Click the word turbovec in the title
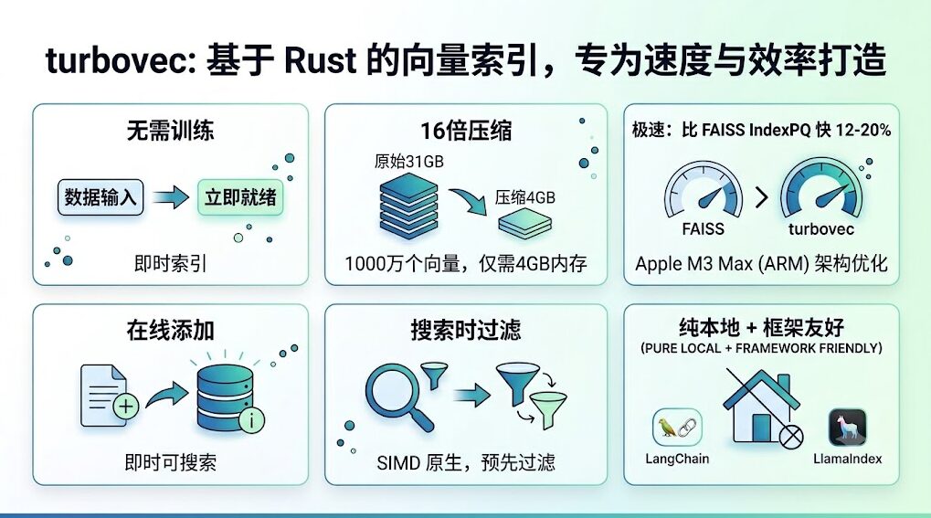pyautogui.click(x=117, y=61)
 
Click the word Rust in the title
pyautogui.click(x=321, y=60)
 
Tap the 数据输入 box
pyautogui.click(x=101, y=196)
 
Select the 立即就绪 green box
pyautogui.click(x=240, y=196)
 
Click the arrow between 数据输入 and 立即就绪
pyautogui.click(x=171, y=196)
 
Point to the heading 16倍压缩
pyautogui.click(x=466, y=131)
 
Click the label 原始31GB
pyautogui.click(x=409, y=162)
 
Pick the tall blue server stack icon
pyautogui.click(x=408, y=206)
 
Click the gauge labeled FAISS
pyautogui.click(x=704, y=191)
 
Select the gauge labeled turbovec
pyautogui.click(x=821, y=190)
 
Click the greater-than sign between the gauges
pyautogui.click(x=762, y=196)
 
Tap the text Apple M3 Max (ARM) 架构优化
pyautogui.click(x=761, y=263)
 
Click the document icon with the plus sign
pyautogui.click(x=109, y=395)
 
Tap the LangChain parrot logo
pyautogui.click(x=677, y=427)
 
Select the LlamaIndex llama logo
pyautogui.click(x=847, y=428)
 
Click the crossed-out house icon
pyautogui.click(x=762, y=407)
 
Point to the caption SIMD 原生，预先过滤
pyautogui.click(x=466, y=462)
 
